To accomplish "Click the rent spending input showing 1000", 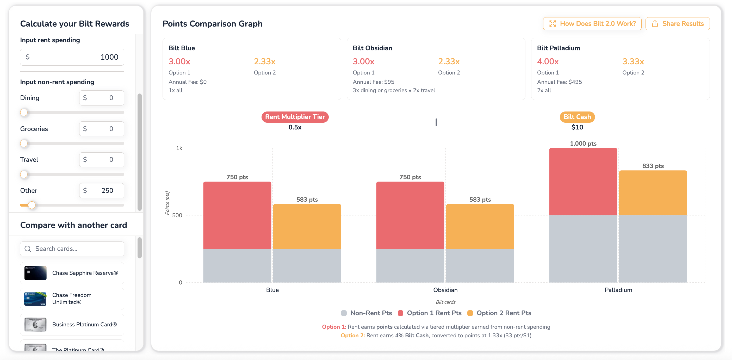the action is point(72,57).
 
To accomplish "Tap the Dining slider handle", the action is point(24,113).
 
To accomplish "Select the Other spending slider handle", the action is point(32,205).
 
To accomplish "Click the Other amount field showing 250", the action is point(101,191).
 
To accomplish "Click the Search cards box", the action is point(72,249).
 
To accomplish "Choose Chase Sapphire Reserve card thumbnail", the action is point(35,273).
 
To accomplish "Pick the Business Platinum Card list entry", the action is point(72,325).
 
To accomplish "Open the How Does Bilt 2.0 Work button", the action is point(592,24).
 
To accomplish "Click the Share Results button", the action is point(678,24).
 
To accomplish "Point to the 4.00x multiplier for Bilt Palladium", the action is point(548,61).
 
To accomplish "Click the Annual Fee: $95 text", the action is point(373,82).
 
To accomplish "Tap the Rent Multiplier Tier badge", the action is point(295,117).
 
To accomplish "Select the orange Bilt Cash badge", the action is point(577,117).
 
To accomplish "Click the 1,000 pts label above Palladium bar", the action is point(583,144).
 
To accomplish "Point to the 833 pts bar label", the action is point(653,166).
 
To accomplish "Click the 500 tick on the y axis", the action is point(177,215).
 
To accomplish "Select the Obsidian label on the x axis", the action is point(445,290).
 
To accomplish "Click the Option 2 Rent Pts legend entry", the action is point(499,313).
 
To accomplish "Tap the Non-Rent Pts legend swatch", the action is point(344,313).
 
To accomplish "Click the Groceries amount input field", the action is point(101,129).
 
